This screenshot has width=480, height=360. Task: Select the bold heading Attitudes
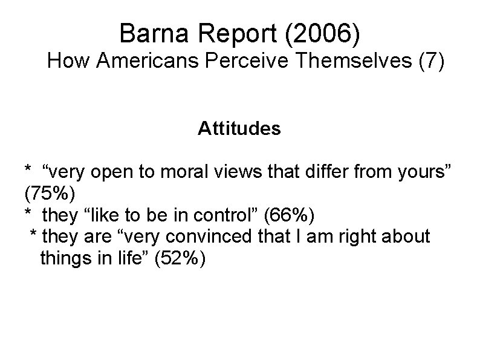(x=239, y=129)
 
